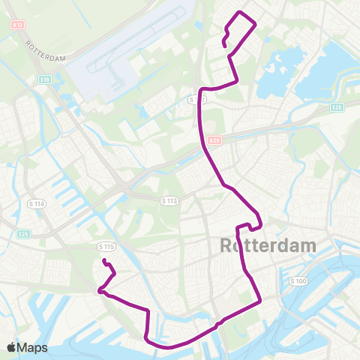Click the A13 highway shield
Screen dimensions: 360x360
[18, 25]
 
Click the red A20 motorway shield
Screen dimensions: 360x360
[214, 140]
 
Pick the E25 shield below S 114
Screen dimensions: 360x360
[22, 234]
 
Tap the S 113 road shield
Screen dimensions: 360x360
[169, 200]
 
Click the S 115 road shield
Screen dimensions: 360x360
[106, 246]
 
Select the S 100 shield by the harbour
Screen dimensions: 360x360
[298, 280]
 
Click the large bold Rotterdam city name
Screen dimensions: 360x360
[268, 246]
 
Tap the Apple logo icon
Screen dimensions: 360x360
[11, 347]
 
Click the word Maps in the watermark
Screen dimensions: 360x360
[32, 347]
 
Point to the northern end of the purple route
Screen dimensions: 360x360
[225, 46]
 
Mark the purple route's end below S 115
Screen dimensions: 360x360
[104, 261]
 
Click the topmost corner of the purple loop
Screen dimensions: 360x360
[240, 13]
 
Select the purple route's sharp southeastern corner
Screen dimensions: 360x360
[259, 302]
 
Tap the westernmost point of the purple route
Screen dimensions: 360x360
[98, 291]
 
